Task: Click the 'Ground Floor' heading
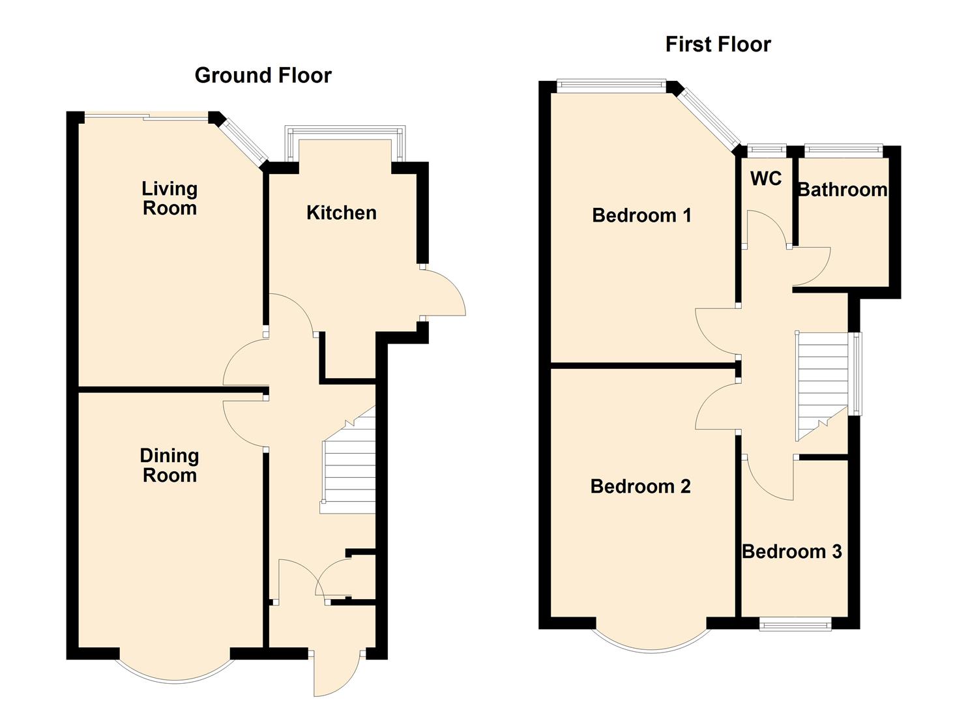pyautogui.click(x=263, y=76)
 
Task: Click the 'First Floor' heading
pyautogui.click(x=718, y=44)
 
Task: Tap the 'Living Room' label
pyautogui.click(x=169, y=198)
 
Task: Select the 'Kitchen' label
pyautogui.click(x=341, y=213)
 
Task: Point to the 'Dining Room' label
pyautogui.click(x=169, y=465)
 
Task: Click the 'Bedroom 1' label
pyautogui.click(x=641, y=215)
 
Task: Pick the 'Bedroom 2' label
pyautogui.click(x=640, y=486)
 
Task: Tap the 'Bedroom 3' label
pyautogui.click(x=791, y=551)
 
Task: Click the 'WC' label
pyautogui.click(x=766, y=179)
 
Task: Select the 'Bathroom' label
pyautogui.click(x=842, y=190)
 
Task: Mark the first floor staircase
pyautogui.click(x=821, y=385)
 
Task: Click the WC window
pyautogui.click(x=767, y=149)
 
